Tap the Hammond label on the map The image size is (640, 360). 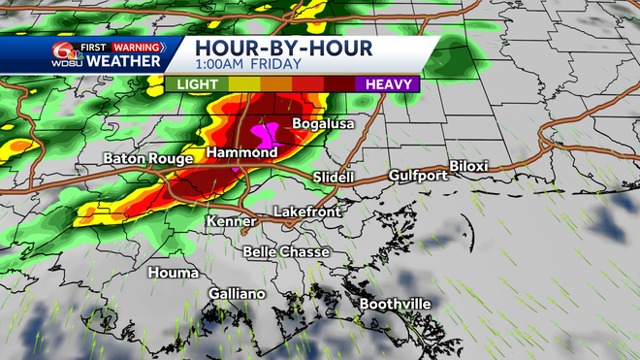click(x=241, y=153)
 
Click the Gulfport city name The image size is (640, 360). click(x=418, y=176)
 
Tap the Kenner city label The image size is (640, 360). click(x=231, y=222)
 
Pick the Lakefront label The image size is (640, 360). click(x=304, y=211)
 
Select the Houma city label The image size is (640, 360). click(x=172, y=273)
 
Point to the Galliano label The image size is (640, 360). click(x=237, y=293)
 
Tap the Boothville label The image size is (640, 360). click(x=396, y=304)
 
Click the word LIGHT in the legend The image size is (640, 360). click(x=197, y=84)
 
